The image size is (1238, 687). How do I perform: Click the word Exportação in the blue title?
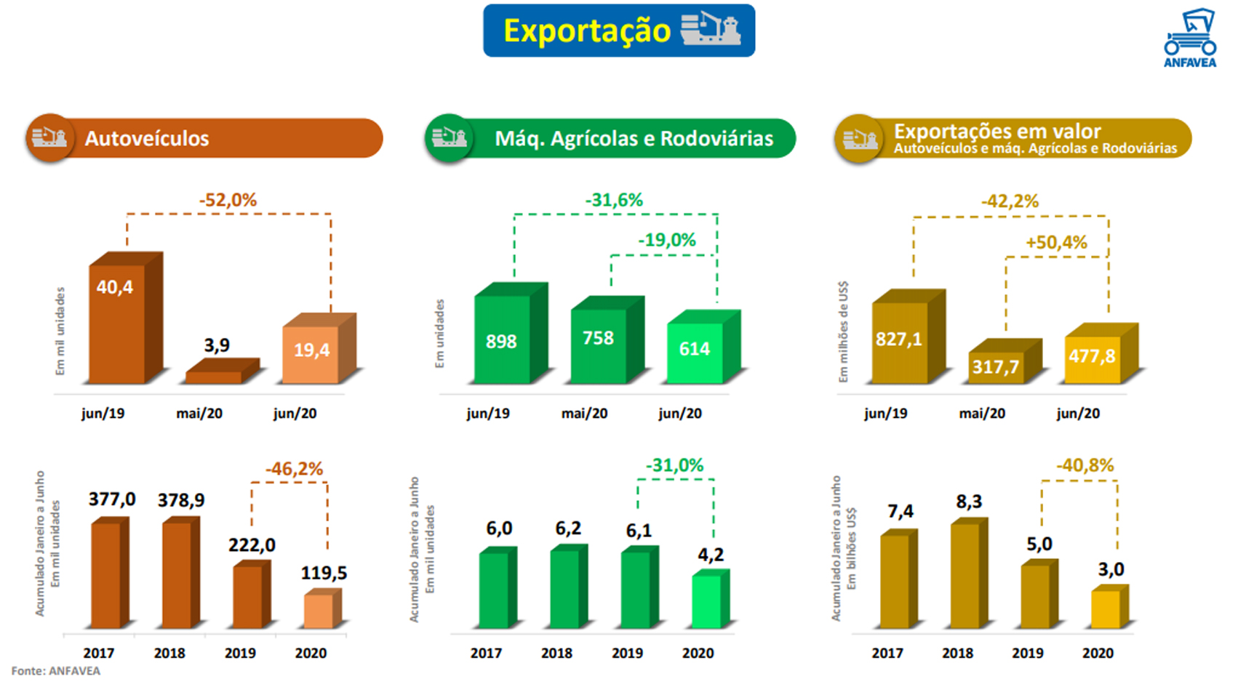586,31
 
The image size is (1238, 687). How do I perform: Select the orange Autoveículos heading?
147,138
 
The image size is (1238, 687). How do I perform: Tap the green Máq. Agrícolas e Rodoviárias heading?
634,138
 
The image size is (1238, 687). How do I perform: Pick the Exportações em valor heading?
997,132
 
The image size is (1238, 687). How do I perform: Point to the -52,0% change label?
228,200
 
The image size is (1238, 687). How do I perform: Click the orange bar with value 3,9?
214,377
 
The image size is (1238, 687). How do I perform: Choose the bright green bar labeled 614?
695,352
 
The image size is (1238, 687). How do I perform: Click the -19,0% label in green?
667,240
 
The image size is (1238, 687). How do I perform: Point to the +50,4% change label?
1056,242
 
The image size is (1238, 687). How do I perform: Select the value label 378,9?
181,500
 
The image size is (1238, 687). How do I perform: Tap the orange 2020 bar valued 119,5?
319,611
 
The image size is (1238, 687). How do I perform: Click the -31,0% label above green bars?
674,465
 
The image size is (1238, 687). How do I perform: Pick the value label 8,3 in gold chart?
969,502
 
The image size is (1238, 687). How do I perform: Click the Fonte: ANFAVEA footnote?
56,671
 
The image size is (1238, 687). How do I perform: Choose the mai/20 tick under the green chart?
584,414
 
